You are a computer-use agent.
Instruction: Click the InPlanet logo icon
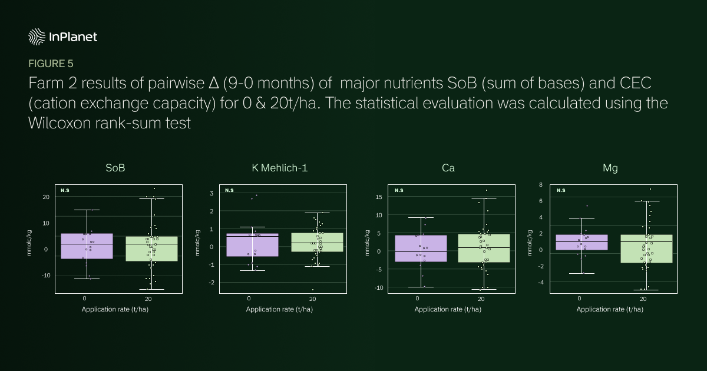tap(37, 37)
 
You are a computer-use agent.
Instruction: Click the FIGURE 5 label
tap(51, 64)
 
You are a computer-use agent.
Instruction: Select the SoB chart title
tap(115, 168)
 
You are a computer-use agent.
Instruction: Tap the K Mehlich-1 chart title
tap(280, 168)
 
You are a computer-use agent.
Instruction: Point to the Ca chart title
tap(448, 168)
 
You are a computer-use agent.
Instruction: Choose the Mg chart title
tap(610, 168)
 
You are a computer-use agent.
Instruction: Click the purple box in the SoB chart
tap(87, 246)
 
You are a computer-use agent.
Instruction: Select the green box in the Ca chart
tap(484, 248)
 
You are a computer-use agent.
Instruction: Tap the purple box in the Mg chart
tap(582, 242)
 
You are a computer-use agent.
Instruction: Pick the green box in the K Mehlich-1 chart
tap(317, 242)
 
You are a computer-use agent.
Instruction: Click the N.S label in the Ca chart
tap(399, 190)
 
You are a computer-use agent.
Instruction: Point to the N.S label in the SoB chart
tap(65, 190)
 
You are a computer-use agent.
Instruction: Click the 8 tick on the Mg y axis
tap(541, 184)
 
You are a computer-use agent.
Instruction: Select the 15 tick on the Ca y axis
tap(379, 197)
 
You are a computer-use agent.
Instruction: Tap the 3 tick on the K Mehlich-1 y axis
tap(212, 193)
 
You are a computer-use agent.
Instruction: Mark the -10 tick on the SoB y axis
tap(46, 276)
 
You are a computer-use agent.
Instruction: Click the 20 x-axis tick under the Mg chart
tap(643, 299)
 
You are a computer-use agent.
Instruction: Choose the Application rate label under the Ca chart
tap(448, 309)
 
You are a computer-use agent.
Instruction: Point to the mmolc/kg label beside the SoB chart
tap(29, 243)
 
